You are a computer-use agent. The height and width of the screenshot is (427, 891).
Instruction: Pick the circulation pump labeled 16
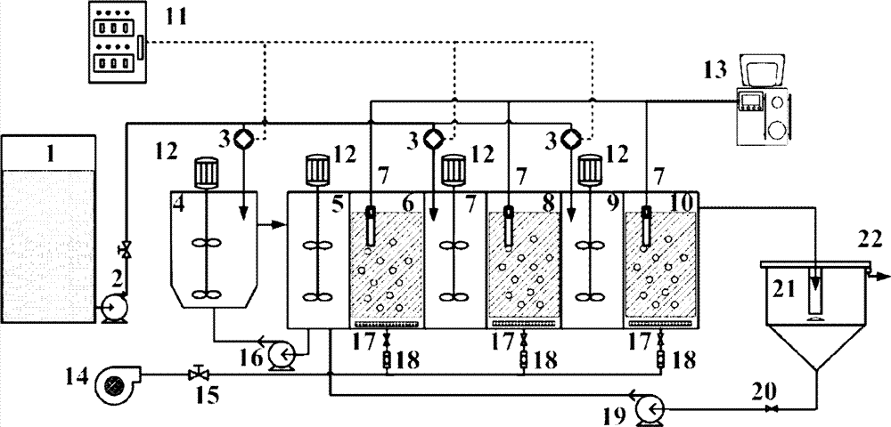coord(283,357)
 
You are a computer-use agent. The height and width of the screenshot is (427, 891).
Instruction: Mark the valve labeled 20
coord(772,407)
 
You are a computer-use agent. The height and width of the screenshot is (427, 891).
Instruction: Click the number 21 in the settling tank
coord(781,286)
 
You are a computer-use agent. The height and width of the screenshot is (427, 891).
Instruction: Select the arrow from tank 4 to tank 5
coord(270,225)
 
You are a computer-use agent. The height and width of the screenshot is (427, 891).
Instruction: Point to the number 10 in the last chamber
coord(682,204)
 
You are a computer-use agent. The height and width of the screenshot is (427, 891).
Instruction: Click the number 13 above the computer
coord(743,66)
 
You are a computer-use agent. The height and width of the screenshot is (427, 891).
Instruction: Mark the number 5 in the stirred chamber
coord(339,204)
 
